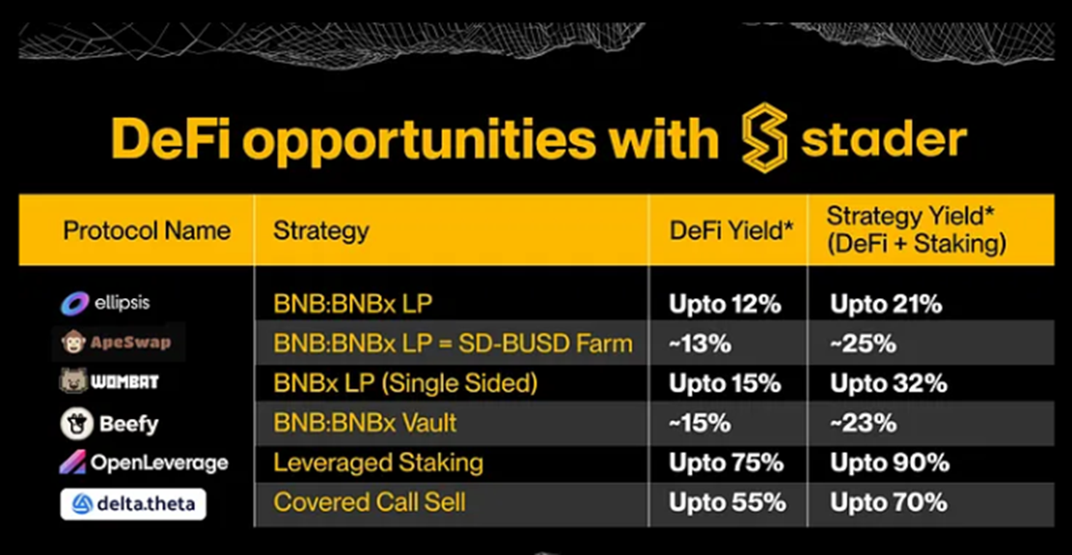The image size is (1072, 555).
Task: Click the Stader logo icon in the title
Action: coord(765,137)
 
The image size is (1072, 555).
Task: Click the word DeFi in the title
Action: coord(170,138)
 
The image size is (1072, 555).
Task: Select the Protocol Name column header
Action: coord(147,231)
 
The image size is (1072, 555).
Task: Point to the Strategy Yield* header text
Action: coord(910,216)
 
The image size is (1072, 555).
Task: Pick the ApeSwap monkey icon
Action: coord(72,342)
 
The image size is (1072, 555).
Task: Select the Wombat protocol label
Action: coord(109,381)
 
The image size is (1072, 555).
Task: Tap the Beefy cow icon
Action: coord(76,424)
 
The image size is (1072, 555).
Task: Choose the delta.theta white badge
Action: coord(132,505)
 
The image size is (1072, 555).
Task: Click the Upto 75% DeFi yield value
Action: coord(726,463)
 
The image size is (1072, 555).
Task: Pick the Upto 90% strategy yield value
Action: coord(890,463)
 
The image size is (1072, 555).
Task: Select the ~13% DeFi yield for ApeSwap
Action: coord(701,344)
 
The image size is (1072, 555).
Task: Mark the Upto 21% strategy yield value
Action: coord(886,304)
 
